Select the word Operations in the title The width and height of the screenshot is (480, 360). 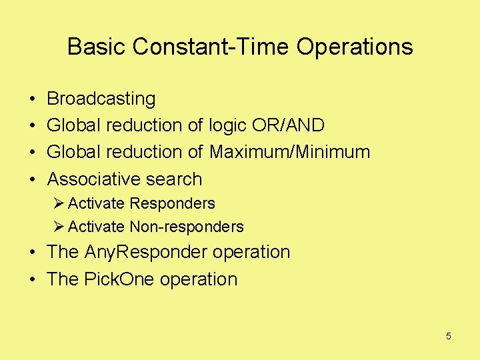click(x=355, y=47)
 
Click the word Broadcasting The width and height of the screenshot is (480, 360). click(x=101, y=99)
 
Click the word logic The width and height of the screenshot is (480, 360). click(x=228, y=125)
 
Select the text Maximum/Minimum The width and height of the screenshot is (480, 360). click(x=289, y=152)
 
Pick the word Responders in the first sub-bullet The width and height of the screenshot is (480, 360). click(x=172, y=203)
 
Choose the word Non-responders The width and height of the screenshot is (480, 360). click(x=187, y=227)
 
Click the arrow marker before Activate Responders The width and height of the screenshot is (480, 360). click(x=59, y=203)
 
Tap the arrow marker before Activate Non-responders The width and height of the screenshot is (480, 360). click(x=59, y=227)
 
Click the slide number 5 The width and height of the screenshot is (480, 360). click(x=448, y=336)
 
